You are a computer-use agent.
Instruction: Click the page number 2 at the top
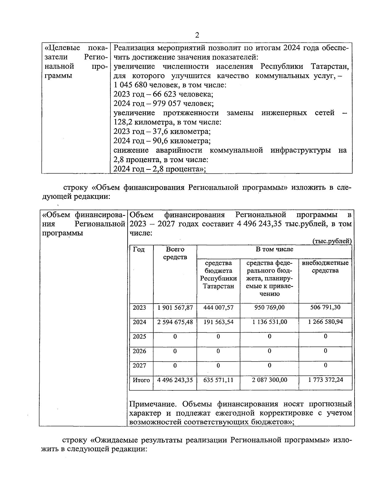coord(197,35)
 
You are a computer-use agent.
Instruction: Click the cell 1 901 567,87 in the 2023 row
coord(175,308)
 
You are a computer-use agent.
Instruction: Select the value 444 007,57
coord(218,308)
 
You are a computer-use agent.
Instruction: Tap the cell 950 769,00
coord(269,308)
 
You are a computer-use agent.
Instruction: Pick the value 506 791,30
coord(325,308)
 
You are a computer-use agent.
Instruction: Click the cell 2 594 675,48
coord(175,322)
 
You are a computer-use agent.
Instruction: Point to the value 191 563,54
coord(218,322)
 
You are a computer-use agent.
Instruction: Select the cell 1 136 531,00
coord(269,322)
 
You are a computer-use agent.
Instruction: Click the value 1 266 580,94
coord(325,322)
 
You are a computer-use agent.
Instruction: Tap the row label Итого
coord(141,380)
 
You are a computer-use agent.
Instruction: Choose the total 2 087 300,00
coord(269,380)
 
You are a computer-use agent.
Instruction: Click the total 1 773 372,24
coord(325,380)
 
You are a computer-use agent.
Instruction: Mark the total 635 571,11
coord(218,380)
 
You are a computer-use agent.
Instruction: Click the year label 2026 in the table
coord(139,351)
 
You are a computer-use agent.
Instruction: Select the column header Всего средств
coord(175,253)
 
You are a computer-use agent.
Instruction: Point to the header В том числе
coord(274,249)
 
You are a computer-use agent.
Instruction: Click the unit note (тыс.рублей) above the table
coord(332,241)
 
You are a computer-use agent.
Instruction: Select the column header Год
coord(139,250)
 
